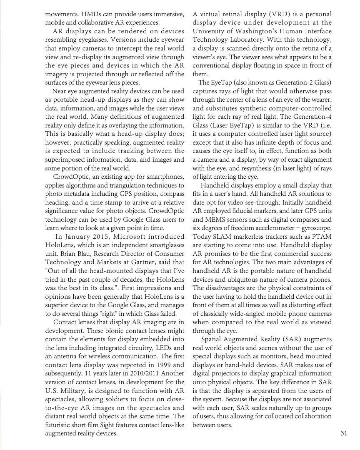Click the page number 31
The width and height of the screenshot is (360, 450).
[x=344, y=433]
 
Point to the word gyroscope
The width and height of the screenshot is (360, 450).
[x=314, y=228]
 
